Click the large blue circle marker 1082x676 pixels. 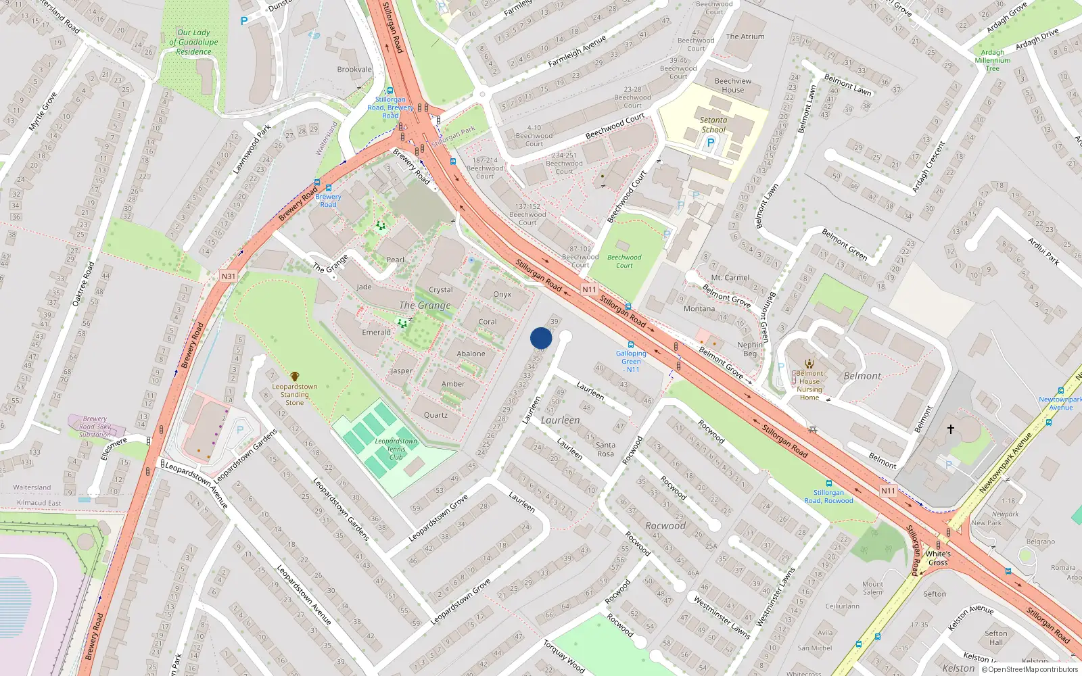click(541, 338)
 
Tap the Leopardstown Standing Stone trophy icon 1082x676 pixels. click(295, 377)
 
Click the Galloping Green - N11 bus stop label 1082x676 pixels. click(631, 361)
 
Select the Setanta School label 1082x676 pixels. click(713, 125)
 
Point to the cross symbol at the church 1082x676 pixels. click(950, 429)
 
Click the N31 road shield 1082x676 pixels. click(229, 276)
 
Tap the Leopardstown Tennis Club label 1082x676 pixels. click(396, 450)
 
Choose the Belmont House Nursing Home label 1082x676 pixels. click(809, 385)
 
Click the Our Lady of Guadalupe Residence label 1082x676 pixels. click(193, 42)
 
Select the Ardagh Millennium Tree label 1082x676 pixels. click(992, 60)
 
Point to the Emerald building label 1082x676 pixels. click(376, 333)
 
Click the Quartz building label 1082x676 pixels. click(436, 415)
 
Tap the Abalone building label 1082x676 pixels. click(471, 354)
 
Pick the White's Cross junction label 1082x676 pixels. click(938, 558)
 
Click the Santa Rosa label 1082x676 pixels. click(606, 449)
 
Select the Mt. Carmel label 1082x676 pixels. click(730, 278)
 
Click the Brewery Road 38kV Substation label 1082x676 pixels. click(95, 427)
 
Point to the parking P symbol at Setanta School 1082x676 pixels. click(710, 143)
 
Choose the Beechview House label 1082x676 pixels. click(732, 85)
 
